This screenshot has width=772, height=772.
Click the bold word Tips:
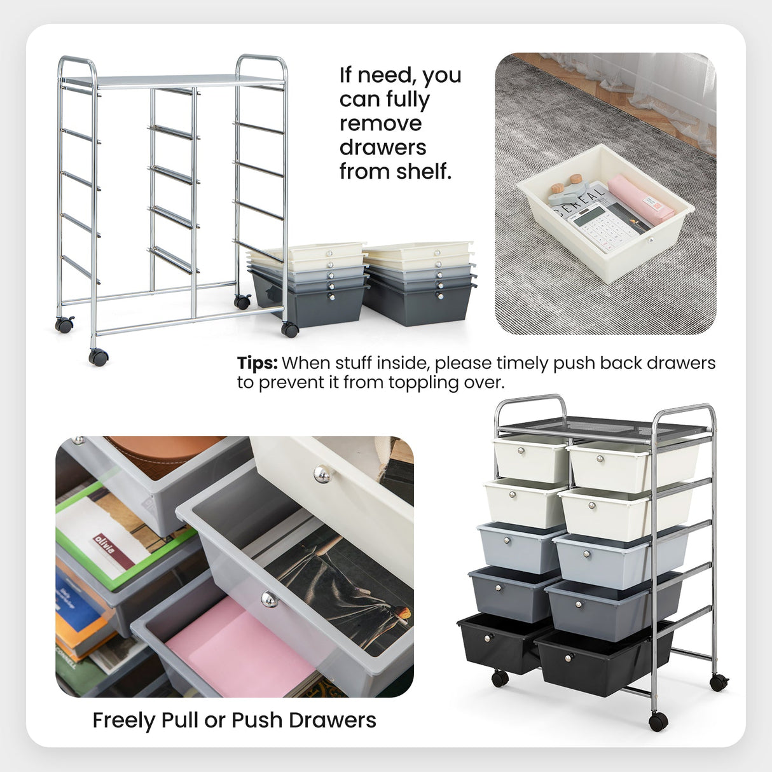click(257, 363)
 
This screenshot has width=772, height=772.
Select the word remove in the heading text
click(380, 123)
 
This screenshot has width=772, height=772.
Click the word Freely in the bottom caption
click(124, 720)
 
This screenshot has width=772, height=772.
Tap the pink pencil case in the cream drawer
click(640, 198)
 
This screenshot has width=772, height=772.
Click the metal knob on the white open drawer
click(323, 474)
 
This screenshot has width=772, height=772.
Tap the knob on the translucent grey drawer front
click(270, 598)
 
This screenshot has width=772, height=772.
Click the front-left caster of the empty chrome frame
click(98, 357)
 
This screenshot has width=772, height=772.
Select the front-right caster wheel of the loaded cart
click(658, 721)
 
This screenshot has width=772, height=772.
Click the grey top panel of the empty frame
click(172, 81)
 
